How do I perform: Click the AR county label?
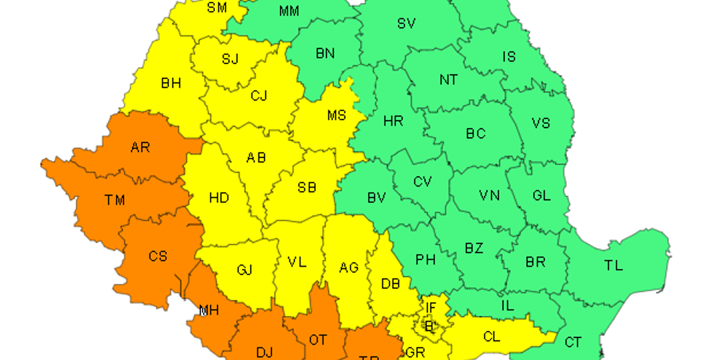pyautogui.click(x=140, y=148)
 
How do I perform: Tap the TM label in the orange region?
pyautogui.click(x=115, y=200)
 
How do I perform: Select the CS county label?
pyautogui.click(x=158, y=256)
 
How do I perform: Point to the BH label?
pyautogui.click(x=171, y=83)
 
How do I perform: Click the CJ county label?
pyautogui.click(x=259, y=96)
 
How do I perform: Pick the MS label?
pyautogui.click(x=337, y=115)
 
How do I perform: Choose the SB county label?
pyautogui.click(x=307, y=188)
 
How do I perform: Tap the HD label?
pyautogui.click(x=219, y=198)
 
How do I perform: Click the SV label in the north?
pyautogui.click(x=406, y=23)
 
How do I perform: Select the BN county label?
pyautogui.click(x=325, y=53)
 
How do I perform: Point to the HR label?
pyautogui.click(x=393, y=121)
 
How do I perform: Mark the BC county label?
pyautogui.click(x=476, y=134)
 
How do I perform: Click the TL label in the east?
pyautogui.click(x=614, y=265)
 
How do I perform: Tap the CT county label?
pyautogui.click(x=573, y=342)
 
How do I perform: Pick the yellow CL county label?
pyautogui.click(x=492, y=337)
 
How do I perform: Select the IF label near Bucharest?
pyautogui.click(x=431, y=308)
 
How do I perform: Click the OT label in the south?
pyautogui.click(x=318, y=340)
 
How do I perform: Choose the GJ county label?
pyautogui.click(x=244, y=269)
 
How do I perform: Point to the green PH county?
pyautogui.click(x=425, y=260)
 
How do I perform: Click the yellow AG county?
pyautogui.click(x=349, y=267)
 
